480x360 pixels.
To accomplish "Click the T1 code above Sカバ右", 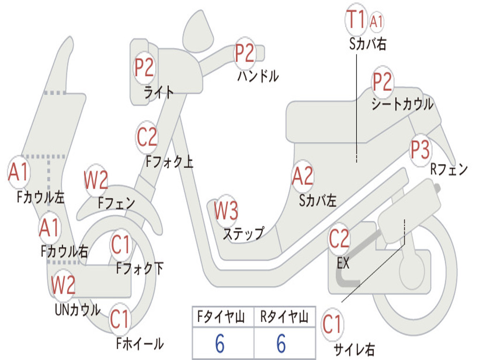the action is coord(355,20).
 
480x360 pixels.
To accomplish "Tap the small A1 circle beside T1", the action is coord(377,21).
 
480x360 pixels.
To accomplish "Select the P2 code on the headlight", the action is coord(144,67).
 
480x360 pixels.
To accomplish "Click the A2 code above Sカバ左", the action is coord(302,176).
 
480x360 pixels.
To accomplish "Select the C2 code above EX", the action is coord(339,239).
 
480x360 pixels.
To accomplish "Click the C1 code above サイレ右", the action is coord(332,324).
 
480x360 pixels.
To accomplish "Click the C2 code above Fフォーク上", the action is coord(147,137).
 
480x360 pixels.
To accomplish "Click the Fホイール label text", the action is coord(140,344).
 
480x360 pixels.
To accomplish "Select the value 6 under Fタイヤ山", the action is coord(220,344).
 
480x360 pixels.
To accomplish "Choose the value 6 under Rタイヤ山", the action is coord(281,344).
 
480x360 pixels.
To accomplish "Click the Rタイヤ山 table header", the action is coord(285,318).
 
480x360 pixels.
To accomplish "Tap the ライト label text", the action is coord(159,92).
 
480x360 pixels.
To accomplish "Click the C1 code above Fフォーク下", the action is coord(121,244).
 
